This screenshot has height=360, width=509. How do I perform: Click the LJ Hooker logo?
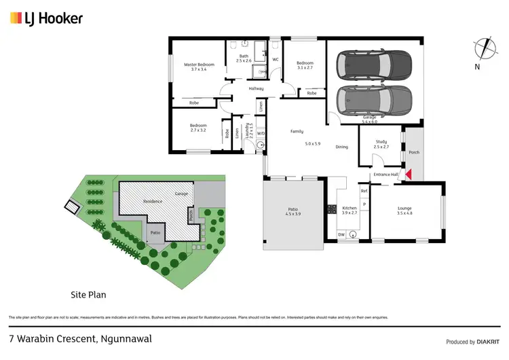point(46,18)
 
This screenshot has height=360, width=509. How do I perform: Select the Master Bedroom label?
point(199,67)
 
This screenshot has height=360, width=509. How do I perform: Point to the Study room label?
point(382,144)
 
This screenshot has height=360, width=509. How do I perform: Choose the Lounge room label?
point(404,210)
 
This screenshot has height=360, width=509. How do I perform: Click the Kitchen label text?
point(350,210)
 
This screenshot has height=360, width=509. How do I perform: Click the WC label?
point(276,60)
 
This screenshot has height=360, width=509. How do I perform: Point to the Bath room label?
point(244,58)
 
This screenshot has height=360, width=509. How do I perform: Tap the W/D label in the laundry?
point(261,134)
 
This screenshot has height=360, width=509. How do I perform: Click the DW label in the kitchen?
point(341,234)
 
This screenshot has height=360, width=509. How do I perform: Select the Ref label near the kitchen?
point(364,192)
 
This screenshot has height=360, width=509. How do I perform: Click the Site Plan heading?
point(88,295)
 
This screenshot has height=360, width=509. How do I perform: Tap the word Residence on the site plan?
point(153,202)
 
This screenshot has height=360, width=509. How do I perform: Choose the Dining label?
point(341,147)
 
